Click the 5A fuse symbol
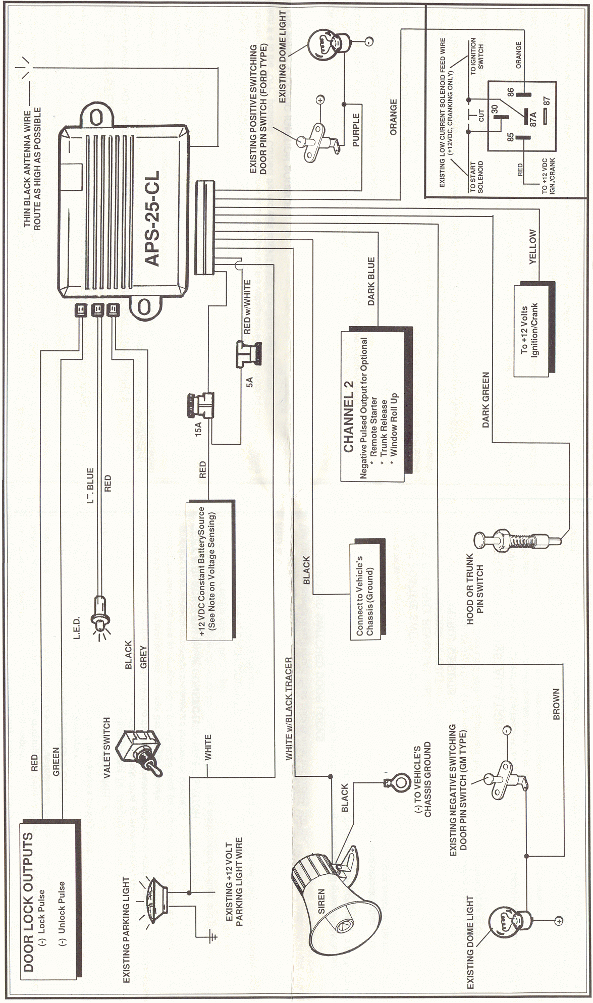(x=248, y=353)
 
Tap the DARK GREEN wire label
(x=486, y=400)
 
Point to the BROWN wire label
(x=556, y=704)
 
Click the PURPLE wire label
(x=356, y=130)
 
